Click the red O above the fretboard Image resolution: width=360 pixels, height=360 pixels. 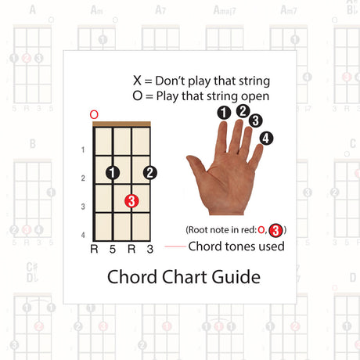(x=94, y=114)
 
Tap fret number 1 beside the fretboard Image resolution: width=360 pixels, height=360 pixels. (x=83, y=149)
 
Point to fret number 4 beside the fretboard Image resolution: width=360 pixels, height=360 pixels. (x=83, y=235)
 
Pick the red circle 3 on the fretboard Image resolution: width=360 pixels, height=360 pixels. (x=131, y=201)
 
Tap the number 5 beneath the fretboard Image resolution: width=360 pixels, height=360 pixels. (x=113, y=250)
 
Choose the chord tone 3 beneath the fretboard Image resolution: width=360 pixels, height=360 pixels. (x=150, y=250)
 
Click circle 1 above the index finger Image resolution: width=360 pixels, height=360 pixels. (x=225, y=113)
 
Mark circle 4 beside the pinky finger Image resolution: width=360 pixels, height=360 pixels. (x=267, y=138)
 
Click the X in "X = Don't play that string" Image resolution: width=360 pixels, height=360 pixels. (x=138, y=80)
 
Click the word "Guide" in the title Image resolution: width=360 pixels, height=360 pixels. (x=232, y=277)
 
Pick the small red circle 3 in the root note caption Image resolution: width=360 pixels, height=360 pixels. (x=275, y=229)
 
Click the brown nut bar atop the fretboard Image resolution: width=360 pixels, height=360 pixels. (x=122, y=124)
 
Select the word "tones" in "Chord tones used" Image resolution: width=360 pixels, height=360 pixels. (x=238, y=247)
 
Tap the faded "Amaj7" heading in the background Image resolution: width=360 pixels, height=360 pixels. (x=225, y=10)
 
